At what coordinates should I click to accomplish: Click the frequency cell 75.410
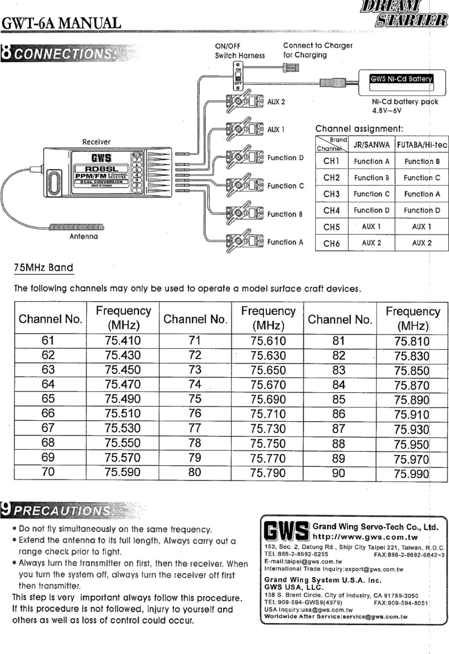pyautogui.click(x=122, y=340)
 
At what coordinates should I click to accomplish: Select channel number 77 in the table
pyautogui.click(x=195, y=428)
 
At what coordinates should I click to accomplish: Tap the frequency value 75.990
pyautogui.click(x=411, y=473)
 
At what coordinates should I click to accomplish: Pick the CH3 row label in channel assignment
pyautogui.click(x=331, y=194)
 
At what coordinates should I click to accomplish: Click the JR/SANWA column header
pyautogui.click(x=371, y=145)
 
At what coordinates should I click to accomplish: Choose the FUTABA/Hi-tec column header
pyautogui.click(x=422, y=145)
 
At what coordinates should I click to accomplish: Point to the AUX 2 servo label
pyautogui.click(x=276, y=102)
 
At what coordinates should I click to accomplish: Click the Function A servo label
pyautogui.click(x=285, y=242)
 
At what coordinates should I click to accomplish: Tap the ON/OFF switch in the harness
pyautogui.click(x=237, y=74)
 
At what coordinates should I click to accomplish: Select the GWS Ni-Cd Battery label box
pyautogui.click(x=402, y=79)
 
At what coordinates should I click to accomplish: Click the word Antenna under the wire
pyautogui.click(x=84, y=237)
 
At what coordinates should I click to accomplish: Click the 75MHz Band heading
pyautogui.click(x=43, y=268)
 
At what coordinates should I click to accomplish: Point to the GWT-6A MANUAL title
pyautogui.click(x=61, y=23)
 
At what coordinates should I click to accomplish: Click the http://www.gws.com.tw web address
pyautogui.click(x=365, y=537)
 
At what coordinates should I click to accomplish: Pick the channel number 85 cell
pyautogui.click(x=339, y=399)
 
